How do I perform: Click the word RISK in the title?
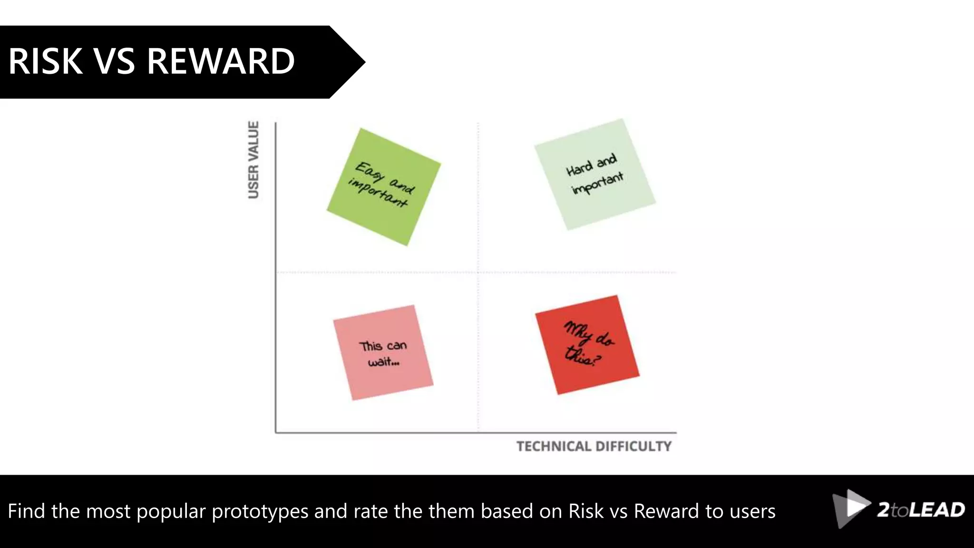pos(46,62)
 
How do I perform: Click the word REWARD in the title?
pos(221,62)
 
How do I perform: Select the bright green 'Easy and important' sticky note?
pos(383,187)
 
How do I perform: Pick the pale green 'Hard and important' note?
pos(595,174)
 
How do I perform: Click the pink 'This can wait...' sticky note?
pos(383,352)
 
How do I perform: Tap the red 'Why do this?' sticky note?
pos(587,345)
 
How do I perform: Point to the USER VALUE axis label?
pos(253,160)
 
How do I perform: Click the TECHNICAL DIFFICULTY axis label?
pos(594,446)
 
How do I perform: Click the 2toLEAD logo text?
pos(921,510)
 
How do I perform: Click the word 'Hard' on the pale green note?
pos(579,168)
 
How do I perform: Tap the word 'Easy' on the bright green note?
pos(369,172)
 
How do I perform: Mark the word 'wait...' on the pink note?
pos(383,362)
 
